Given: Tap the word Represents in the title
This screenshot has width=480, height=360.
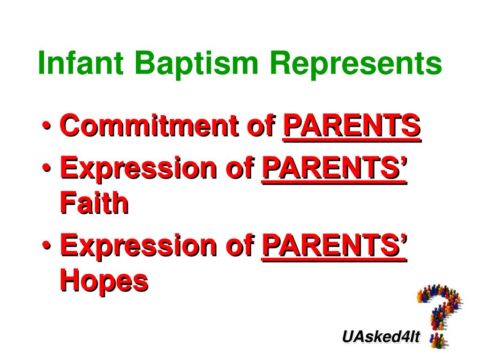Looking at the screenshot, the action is click(x=356, y=65).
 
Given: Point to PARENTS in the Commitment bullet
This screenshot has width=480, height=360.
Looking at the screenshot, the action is click(x=352, y=126).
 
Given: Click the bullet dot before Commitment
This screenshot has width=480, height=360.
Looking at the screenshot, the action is click(x=47, y=126).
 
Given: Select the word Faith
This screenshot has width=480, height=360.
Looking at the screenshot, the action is click(x=94, y=202).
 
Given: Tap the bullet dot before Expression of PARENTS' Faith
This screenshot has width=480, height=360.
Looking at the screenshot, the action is click(x=47, y=168).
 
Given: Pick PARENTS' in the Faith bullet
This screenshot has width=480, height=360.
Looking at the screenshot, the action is click(x=335, y=169).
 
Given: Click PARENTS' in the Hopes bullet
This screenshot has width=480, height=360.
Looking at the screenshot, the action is click(x=335, y=246).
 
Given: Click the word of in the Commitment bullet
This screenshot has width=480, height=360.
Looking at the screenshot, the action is click(x=261, y=125).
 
